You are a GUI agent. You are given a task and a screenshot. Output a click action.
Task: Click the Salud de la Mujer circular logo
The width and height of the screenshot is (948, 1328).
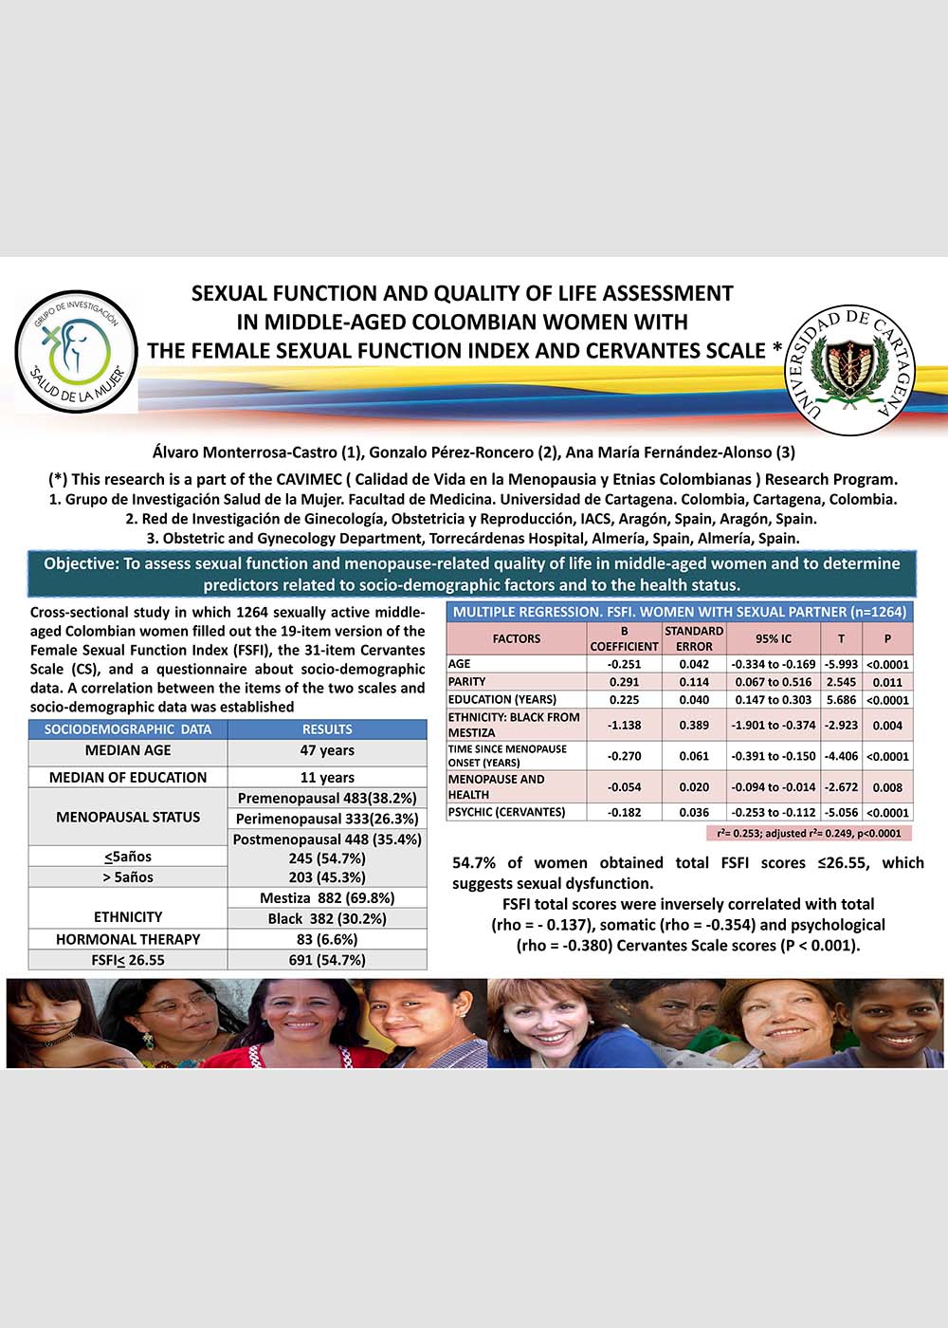(77, 351)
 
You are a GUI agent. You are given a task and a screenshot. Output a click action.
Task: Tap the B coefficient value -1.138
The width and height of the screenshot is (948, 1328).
(624, 726)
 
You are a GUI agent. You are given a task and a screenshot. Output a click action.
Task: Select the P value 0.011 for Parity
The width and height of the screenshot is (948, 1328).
(887, 682)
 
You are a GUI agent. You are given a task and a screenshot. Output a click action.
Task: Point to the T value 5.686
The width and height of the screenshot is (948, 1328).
(840, 700)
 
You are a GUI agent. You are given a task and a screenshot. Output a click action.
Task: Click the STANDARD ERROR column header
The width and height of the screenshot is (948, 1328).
(694, 638)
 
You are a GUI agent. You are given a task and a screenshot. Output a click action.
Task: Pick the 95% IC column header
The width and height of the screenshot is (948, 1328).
(774, 638)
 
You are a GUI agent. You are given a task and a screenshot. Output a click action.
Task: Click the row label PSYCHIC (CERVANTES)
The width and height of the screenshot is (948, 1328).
(506, 812)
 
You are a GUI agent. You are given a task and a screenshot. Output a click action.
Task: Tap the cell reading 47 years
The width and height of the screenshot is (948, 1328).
(327, 750)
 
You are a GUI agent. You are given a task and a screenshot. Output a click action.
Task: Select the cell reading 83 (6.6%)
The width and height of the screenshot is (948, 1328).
(327, 939)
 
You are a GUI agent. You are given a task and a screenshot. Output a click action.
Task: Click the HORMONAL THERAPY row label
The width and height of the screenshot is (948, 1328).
(128, 939)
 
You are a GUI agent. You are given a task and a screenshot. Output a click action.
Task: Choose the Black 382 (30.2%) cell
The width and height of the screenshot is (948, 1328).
(327, 918)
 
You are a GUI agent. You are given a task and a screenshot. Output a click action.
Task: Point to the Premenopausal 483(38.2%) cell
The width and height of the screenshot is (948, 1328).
(327, 798)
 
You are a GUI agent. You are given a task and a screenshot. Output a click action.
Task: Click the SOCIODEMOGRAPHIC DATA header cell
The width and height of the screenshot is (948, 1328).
(128, 729)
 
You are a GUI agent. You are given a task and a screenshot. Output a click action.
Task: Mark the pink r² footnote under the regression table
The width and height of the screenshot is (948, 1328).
(809, 833)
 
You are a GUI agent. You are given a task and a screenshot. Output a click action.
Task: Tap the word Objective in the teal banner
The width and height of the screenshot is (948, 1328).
(81, 563)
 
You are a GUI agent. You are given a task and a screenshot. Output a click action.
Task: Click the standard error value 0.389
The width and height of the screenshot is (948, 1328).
(694, 726)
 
